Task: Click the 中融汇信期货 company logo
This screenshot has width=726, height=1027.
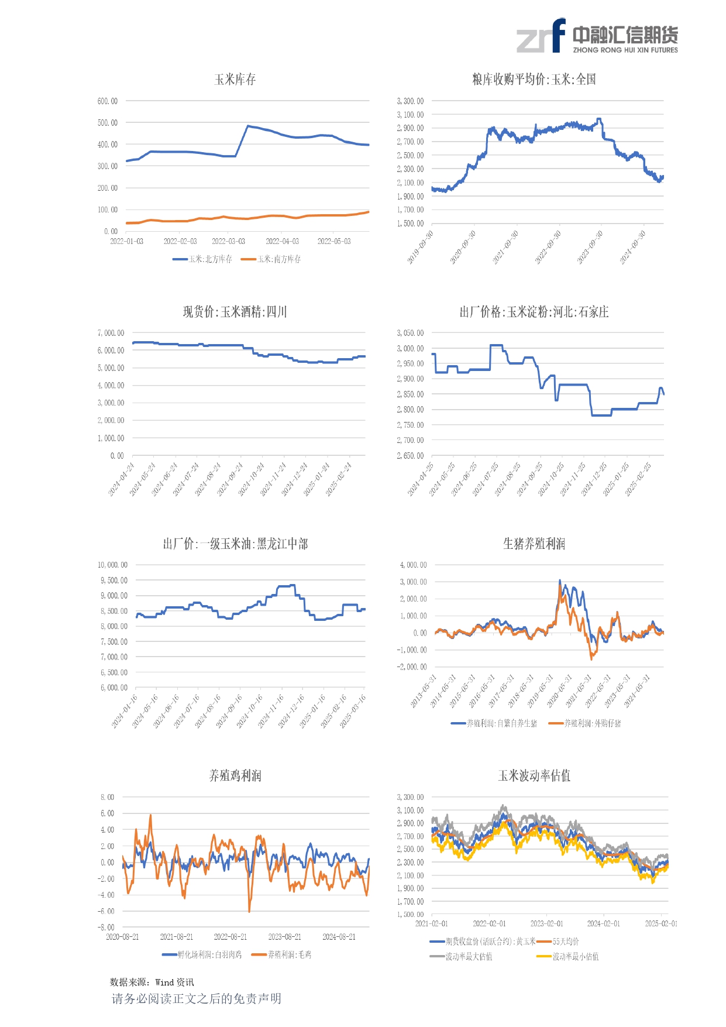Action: point(597,36)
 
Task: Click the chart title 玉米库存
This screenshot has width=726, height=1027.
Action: point(235,80)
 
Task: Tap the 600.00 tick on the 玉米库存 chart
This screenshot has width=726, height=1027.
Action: point(108,101)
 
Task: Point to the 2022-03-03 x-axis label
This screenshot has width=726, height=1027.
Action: point(228,241)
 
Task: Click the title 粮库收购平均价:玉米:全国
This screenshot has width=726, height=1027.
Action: point(534,80)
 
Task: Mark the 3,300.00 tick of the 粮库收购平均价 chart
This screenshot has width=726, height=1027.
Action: point(410,101)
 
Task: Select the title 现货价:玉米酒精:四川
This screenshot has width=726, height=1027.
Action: point(235,312)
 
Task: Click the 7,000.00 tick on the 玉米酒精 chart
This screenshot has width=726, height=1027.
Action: point(111,333)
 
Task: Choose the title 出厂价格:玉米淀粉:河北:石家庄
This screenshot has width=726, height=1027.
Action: point(534,312)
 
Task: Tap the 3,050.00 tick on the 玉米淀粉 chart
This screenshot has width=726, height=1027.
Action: point(410,333)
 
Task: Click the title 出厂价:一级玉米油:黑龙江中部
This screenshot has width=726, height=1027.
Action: point(235,544)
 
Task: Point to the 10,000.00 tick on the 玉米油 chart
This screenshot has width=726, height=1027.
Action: point(112,565)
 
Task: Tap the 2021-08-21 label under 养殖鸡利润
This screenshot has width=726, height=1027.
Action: point(177,937)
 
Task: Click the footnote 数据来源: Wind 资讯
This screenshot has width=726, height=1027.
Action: point(152,982)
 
